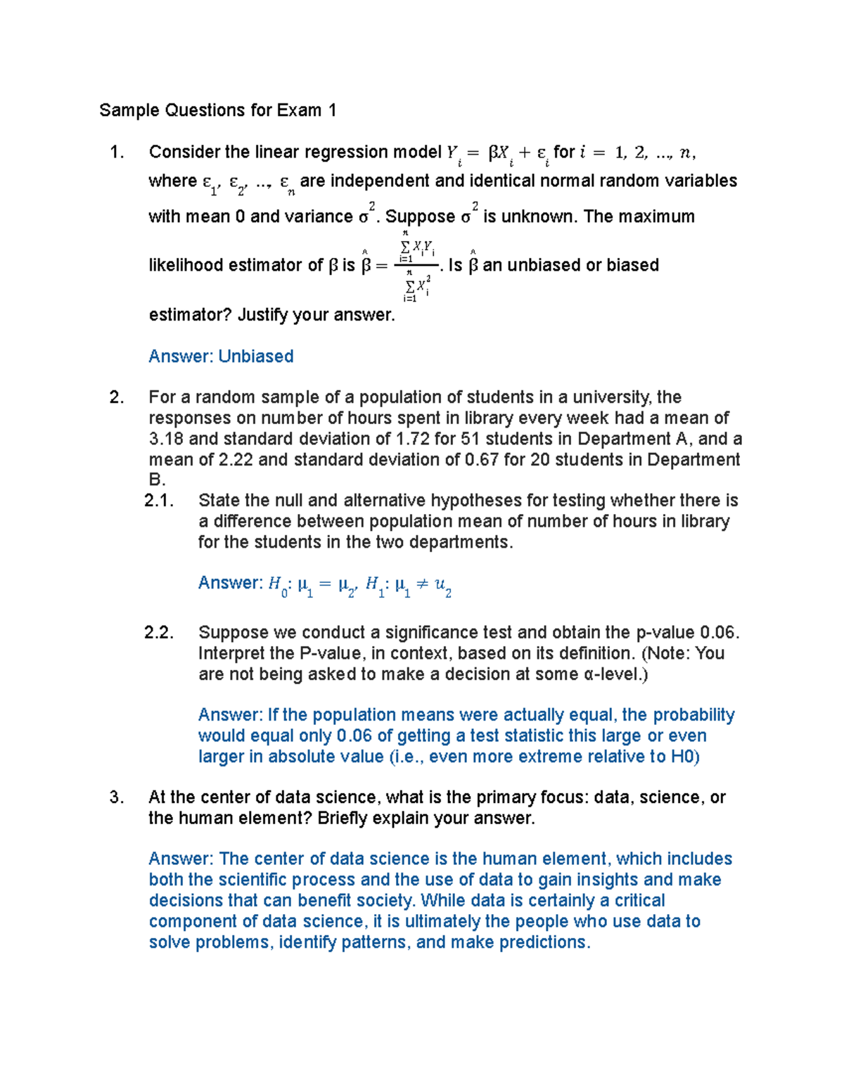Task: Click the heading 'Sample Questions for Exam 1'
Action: pos(217,110)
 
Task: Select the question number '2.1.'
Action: pos(158,501)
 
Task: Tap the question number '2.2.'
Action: pos(158,632)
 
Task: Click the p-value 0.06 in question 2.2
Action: pos(717,632)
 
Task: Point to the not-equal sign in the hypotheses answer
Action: pos(422,584)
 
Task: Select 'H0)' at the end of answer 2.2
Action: pos(684,757)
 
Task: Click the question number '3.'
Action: pos(117,797)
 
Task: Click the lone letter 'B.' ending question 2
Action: pos(157,480)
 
